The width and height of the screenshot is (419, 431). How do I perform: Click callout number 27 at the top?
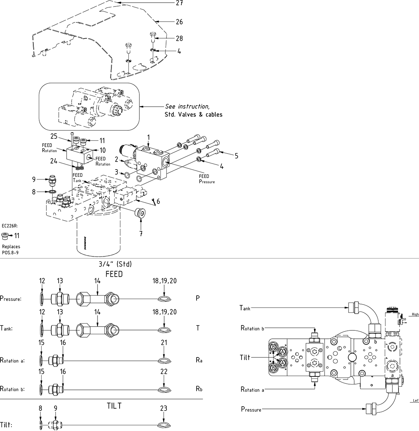point(179,3)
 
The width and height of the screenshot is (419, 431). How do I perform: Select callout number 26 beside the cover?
point(179,22)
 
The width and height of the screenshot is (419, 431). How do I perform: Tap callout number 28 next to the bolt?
point(179,38)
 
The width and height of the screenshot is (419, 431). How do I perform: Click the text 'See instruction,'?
point(187,107)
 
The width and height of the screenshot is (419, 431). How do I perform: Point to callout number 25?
point(54,136)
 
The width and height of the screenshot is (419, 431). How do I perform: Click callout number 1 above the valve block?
point(149,137)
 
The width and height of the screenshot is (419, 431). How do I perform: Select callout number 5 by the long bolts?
point(236,155)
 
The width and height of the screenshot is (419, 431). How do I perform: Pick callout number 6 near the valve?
point(158,201)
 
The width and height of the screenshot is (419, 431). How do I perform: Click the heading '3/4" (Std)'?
point(115,264)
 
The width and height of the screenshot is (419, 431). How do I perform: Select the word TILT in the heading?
point(114,406)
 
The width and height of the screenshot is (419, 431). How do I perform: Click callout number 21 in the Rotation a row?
point(164,343)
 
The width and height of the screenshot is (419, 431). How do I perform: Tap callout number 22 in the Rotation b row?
point(164,372)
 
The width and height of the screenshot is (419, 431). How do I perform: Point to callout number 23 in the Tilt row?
point(164,408)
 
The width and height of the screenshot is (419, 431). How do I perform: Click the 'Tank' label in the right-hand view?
point(245,308)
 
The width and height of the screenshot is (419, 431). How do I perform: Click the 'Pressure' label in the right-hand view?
point(251,409)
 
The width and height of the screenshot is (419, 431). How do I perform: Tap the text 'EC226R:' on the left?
point(10,226)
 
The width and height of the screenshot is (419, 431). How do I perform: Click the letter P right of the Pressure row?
point(198,298)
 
